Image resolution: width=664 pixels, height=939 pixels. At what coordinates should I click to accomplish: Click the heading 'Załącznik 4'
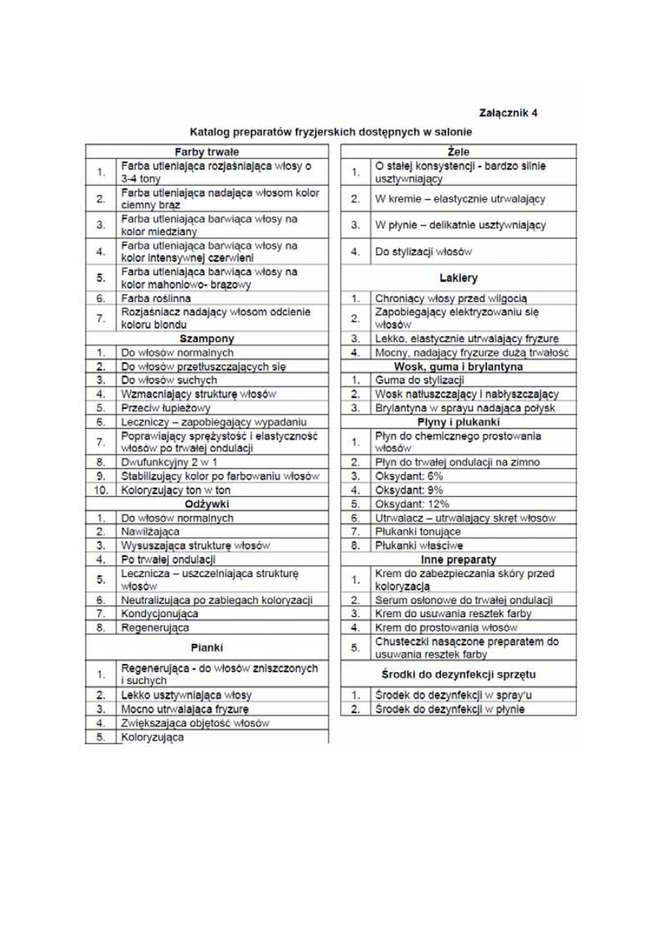[x=509, y=113]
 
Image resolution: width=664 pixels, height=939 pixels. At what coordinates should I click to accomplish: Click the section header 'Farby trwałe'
[x=206, y=151]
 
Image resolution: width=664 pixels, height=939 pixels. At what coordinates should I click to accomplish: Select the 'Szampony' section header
[x=206, y=338]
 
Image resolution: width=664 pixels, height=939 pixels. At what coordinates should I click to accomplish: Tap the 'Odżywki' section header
[x=206, y=504]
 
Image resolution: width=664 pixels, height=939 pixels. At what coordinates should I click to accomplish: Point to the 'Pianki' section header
[x=206, y=647]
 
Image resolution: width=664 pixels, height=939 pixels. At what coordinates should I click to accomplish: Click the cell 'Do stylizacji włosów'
[x=423, y=252]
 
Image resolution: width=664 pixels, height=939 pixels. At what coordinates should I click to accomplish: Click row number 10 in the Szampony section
[x=100, y=490]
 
